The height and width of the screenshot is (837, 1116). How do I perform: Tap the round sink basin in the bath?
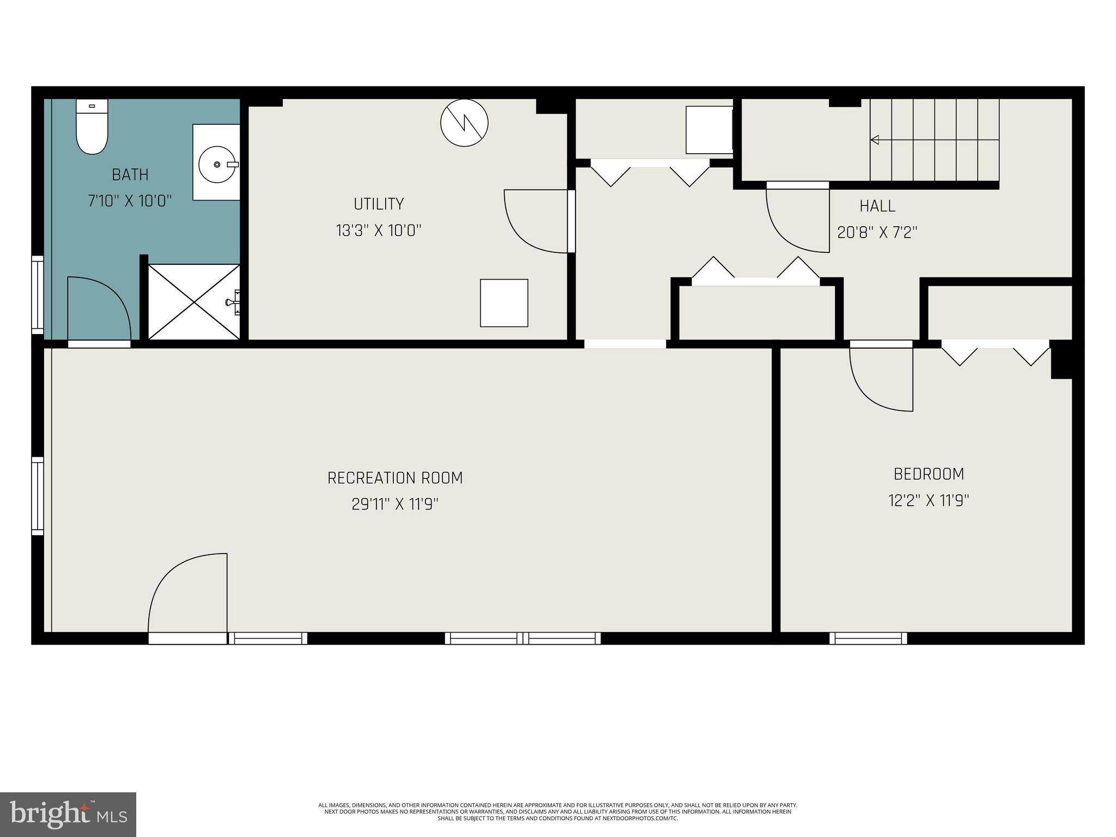click(217, 163)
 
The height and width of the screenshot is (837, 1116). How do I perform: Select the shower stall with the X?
click(193, 302)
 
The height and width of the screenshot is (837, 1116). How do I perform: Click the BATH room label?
click(130, 175)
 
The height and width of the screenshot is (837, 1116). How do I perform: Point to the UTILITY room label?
click(379, 204)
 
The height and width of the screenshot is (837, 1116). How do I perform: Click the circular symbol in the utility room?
click(464, 123)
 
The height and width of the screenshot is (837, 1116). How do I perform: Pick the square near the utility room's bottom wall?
click(504, 303)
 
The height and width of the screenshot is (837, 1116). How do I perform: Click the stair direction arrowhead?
click(875, 140)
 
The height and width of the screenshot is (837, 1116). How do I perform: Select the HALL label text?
click(877, 206)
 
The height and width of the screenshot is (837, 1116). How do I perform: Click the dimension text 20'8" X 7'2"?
click(877, 233)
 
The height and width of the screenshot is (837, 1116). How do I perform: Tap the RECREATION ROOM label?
click(395, 478)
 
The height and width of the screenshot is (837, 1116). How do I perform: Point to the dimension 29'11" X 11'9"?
click(395, 505)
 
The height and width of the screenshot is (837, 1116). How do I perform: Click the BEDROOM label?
click(929, 474)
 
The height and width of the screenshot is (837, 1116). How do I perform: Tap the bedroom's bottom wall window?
click(868, 638)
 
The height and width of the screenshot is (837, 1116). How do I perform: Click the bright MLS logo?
click(68, 815)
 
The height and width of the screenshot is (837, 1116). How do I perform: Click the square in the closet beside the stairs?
click(708, 130)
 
